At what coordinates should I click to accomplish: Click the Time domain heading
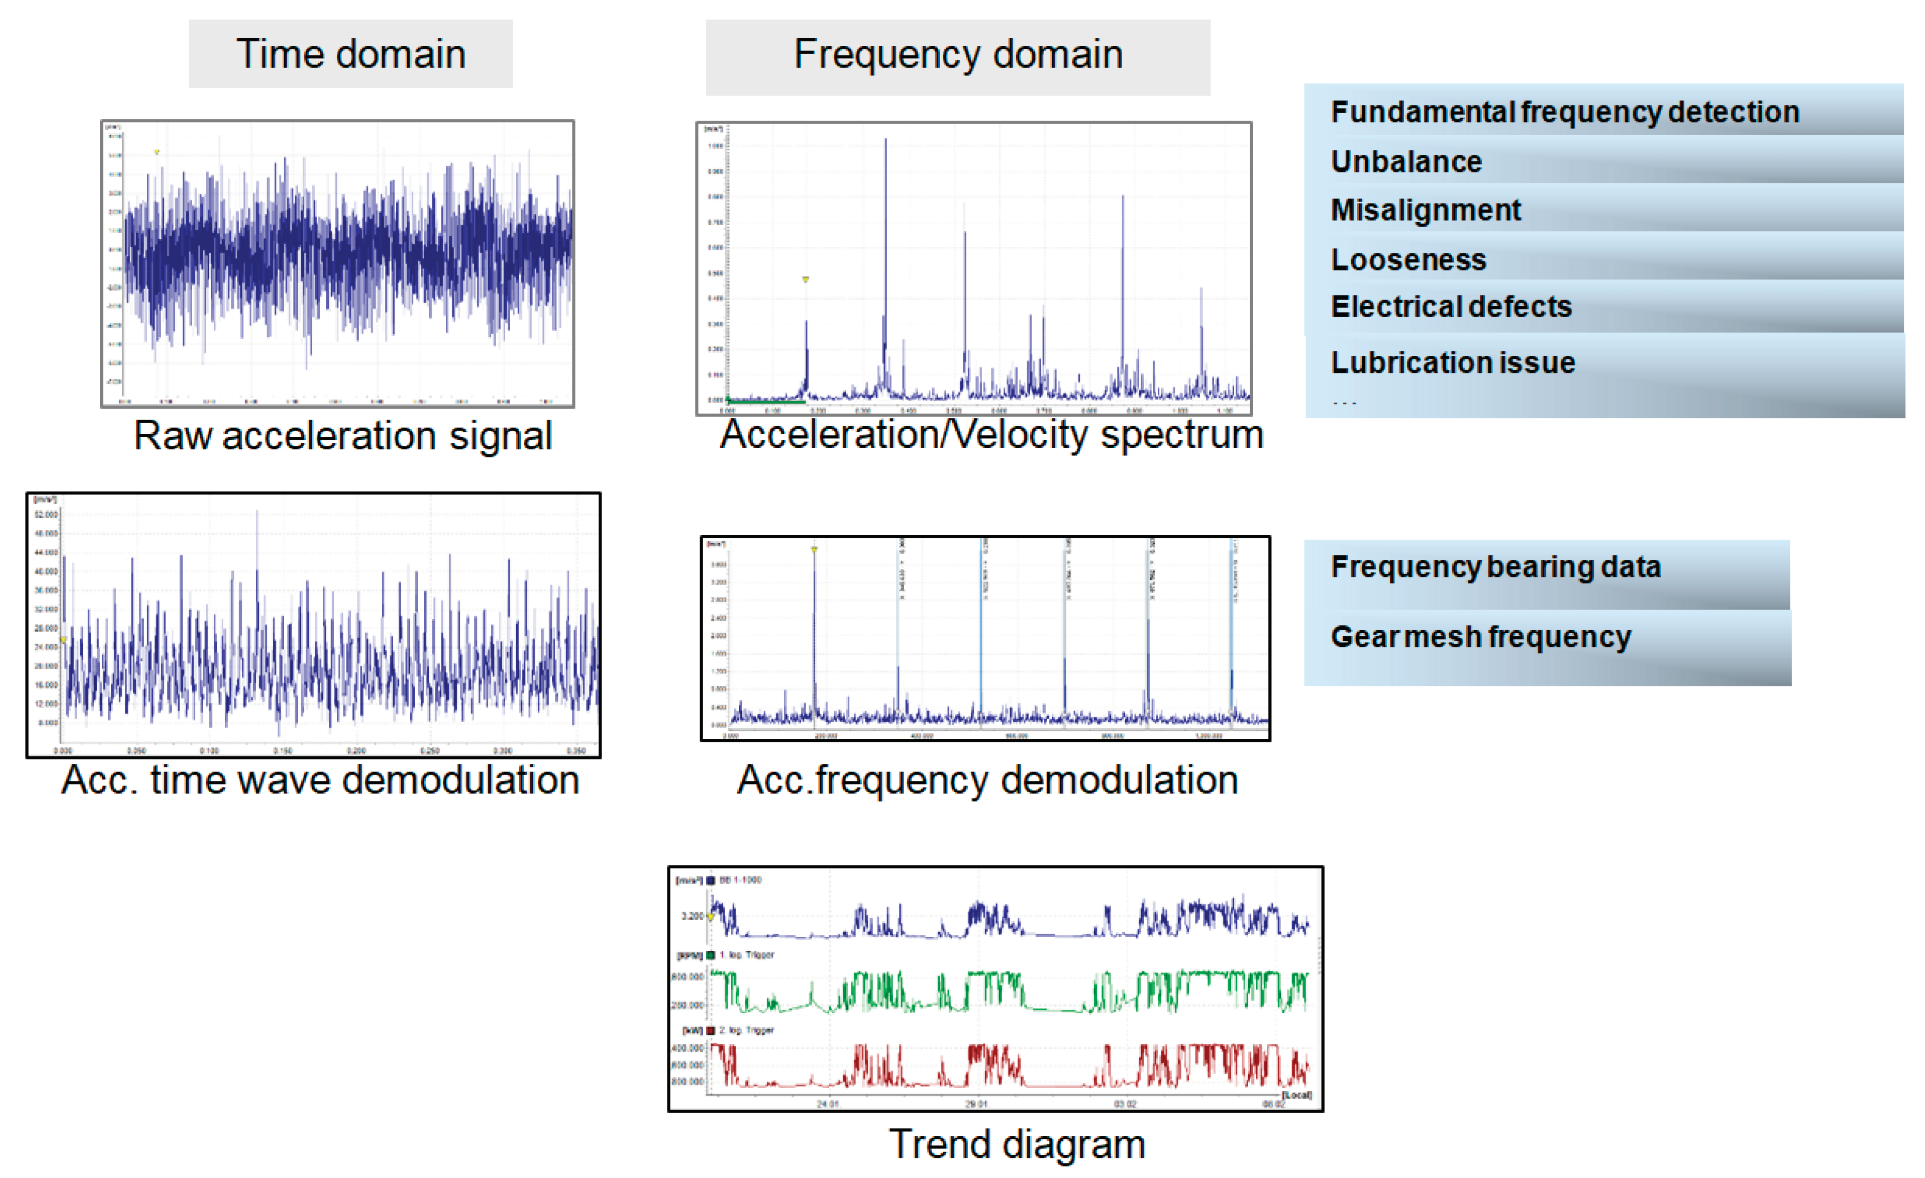click(x=351, y=54)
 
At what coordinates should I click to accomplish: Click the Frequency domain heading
click(x=958, y=55)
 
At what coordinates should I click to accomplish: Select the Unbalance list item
click(x=1406, y=162)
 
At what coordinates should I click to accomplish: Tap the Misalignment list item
click(x=1426, y=210)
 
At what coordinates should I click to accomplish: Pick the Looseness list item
click(x=1408, y=259)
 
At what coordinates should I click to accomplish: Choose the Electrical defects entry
click(x=1451, y=306)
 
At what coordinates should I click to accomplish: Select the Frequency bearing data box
click(x=1495, y=567)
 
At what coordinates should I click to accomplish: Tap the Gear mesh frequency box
click(x=1481, y=637)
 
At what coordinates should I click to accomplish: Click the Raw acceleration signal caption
click(x=343, y=435)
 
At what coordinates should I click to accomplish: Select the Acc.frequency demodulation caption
click(x=987, y=780)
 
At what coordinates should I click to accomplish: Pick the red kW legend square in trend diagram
click(x=711, y=1030)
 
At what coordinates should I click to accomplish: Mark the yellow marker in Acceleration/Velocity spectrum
click(x=805, y=279)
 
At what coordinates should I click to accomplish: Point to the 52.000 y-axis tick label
click(x=46, y=515)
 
